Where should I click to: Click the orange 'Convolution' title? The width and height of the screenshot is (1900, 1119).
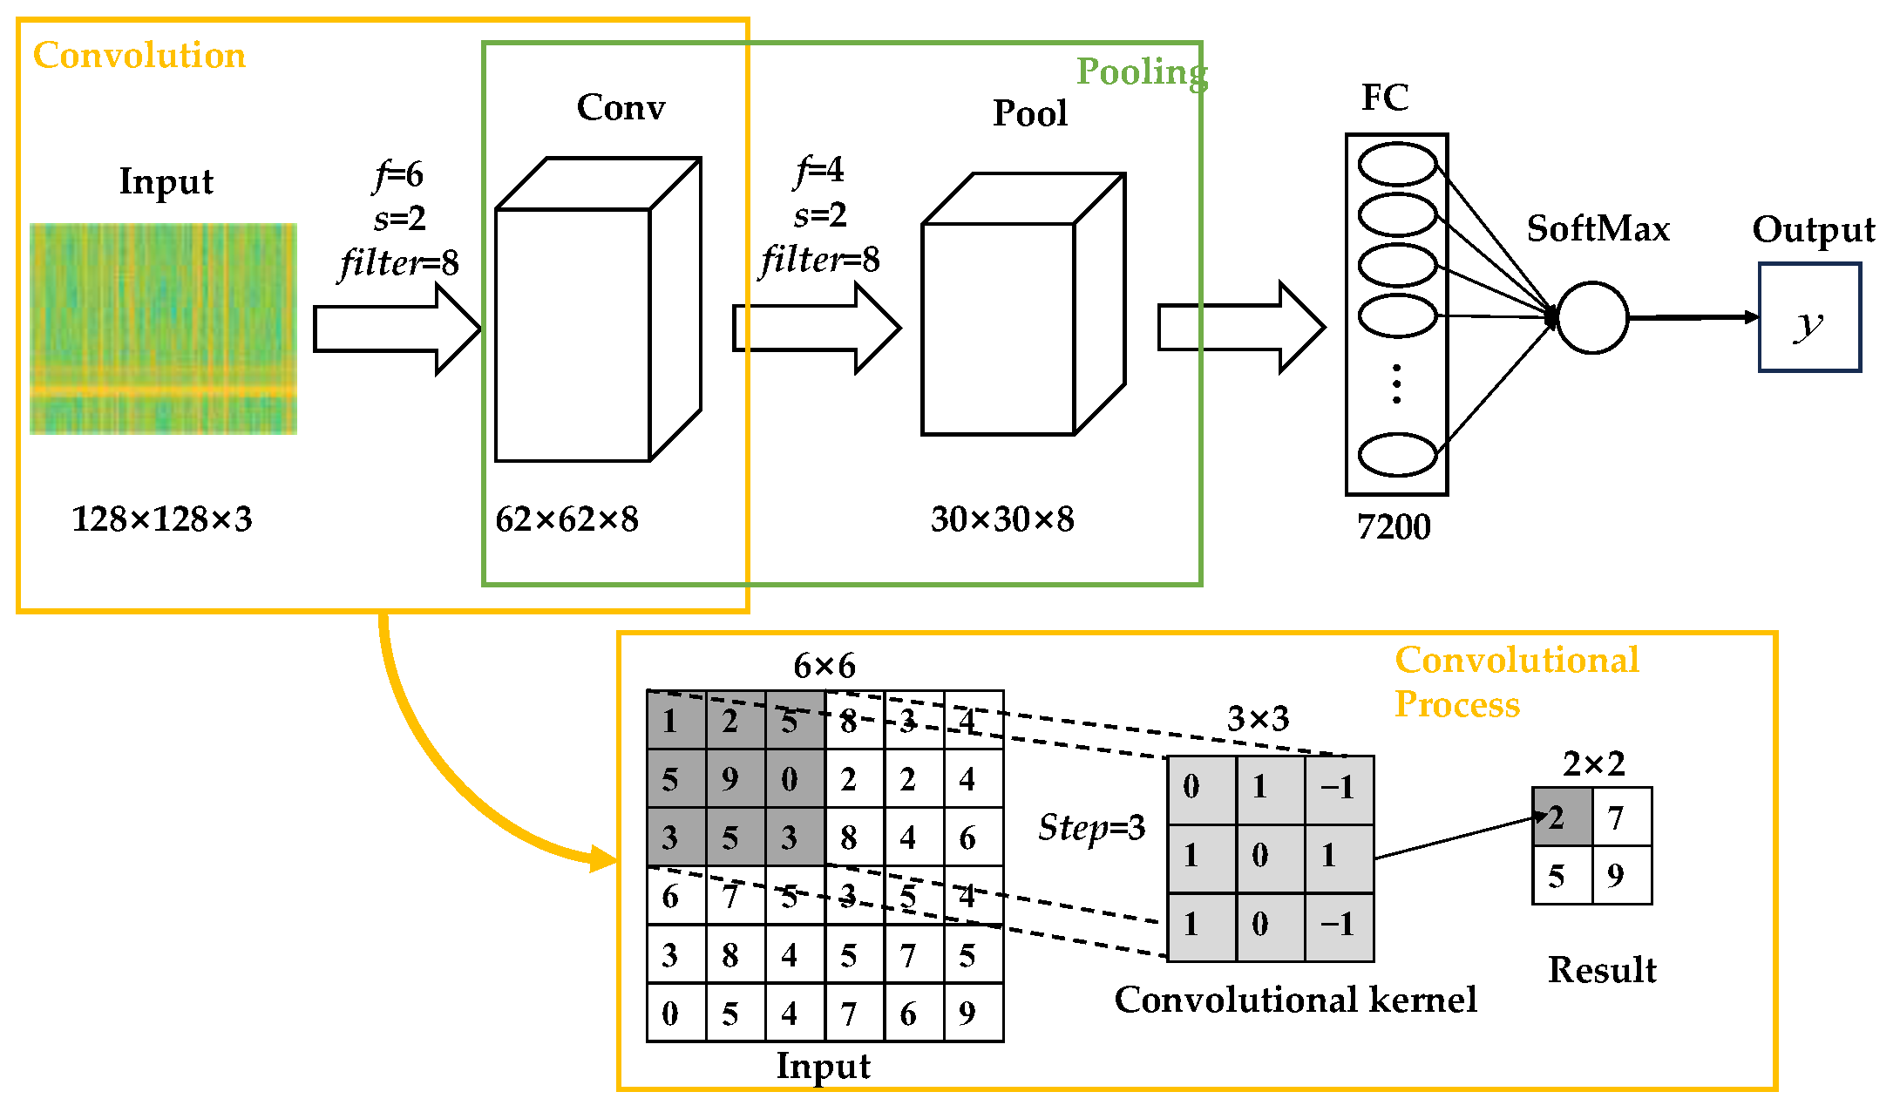click(x=139, y=56)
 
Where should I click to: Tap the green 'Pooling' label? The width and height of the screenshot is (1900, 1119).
click(x=1142, y=72)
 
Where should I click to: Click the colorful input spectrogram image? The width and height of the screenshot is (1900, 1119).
click(x=163, y=329)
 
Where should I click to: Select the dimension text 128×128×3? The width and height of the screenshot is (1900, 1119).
click(x=162, y=519)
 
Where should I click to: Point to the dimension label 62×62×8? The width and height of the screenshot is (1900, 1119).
click(x=567, y=519)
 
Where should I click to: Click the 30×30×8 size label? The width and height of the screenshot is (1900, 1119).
click(x=1002, y=519)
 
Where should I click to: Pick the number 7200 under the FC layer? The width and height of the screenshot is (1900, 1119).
click(x=1394, y=527)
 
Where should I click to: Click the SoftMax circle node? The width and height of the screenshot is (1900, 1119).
click(x=1591, y=317)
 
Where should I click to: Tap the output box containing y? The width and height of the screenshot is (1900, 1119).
click(x=1809, y=318)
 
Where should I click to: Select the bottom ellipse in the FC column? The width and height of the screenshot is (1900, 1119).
click(x=1397, y=454)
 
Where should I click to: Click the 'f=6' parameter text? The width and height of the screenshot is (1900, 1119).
click(x=399, y=175)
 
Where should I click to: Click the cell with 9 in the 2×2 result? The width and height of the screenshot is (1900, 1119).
click(x=1622, y=876)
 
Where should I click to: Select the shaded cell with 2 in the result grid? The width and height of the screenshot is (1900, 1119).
click(x=1563, y=817)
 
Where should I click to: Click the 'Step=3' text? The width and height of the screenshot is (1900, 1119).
click(x=1091, y=827)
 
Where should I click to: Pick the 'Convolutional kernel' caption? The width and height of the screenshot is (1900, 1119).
click(x=1295, y=1000)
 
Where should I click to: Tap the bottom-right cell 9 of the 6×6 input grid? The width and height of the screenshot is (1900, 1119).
click(x=974, y=1013)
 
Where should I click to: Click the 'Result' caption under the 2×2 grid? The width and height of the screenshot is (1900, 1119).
click(x=1602, y=970)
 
